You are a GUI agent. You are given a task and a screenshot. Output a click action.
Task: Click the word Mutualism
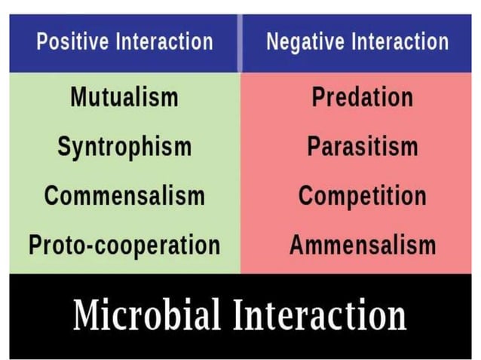coord(124,97)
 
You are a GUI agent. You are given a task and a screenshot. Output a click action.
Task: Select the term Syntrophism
coord(124,147)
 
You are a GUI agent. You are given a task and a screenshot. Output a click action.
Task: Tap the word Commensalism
coord(124,196)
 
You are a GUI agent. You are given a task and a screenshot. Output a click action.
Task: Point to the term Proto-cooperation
coord(124,245)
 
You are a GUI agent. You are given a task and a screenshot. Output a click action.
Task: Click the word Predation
coord(362,97)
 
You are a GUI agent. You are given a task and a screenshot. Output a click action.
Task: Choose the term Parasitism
coord(362,146)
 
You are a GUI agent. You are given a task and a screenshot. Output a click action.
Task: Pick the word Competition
coord(362,196)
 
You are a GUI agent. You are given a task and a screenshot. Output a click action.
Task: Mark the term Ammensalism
coord(362,245)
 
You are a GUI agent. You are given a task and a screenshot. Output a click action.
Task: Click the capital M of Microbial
coord(90,314)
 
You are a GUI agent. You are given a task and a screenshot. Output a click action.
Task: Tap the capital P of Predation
coord(318,97)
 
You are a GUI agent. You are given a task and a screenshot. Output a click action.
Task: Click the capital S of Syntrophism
coord(65,146)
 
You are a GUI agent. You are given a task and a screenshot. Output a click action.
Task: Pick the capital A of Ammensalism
coord(297,245)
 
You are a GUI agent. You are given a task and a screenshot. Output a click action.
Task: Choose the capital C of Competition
coord(307,196)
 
